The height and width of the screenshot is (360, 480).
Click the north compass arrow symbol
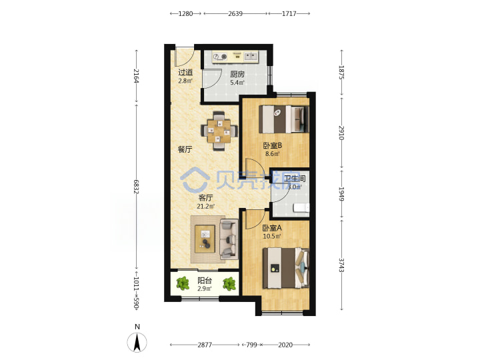click(x=137, y=342)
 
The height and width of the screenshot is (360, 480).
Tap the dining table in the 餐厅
click(x=219, y=131)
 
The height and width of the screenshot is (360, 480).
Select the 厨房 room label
click(x=237, y=74)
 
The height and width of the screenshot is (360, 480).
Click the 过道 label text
click(x=185, y=73)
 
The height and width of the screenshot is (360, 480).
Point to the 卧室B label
click(x=273, y=146)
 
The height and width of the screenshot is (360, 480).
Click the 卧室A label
click(x=272, y=228)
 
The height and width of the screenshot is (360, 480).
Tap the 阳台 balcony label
click(x=205, y=281)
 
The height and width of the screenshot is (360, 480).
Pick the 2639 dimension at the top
click(x=235, y=13)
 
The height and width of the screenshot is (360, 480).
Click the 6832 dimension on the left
click(x=136, y=187)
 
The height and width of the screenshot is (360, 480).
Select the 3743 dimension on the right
click(x=341, y=265)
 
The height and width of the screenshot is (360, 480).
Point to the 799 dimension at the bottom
click(x=251, y=345)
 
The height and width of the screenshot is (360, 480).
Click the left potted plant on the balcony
click(x=183, y=283)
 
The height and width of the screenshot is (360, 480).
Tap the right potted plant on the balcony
click(x=229, y=283)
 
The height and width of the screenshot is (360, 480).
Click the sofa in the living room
click(x=229, y=239)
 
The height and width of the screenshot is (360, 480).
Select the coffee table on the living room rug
click(x=205, y=239)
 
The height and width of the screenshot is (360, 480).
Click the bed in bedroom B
click(x=284, y=119)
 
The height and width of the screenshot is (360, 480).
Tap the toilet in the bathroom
click(x=301, y=208)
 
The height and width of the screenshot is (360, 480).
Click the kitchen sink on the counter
click(x=251, y=56)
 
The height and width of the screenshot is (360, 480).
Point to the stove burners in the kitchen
click(x=220, y=57)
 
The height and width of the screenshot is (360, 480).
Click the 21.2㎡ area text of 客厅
click(x=205, y=206)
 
